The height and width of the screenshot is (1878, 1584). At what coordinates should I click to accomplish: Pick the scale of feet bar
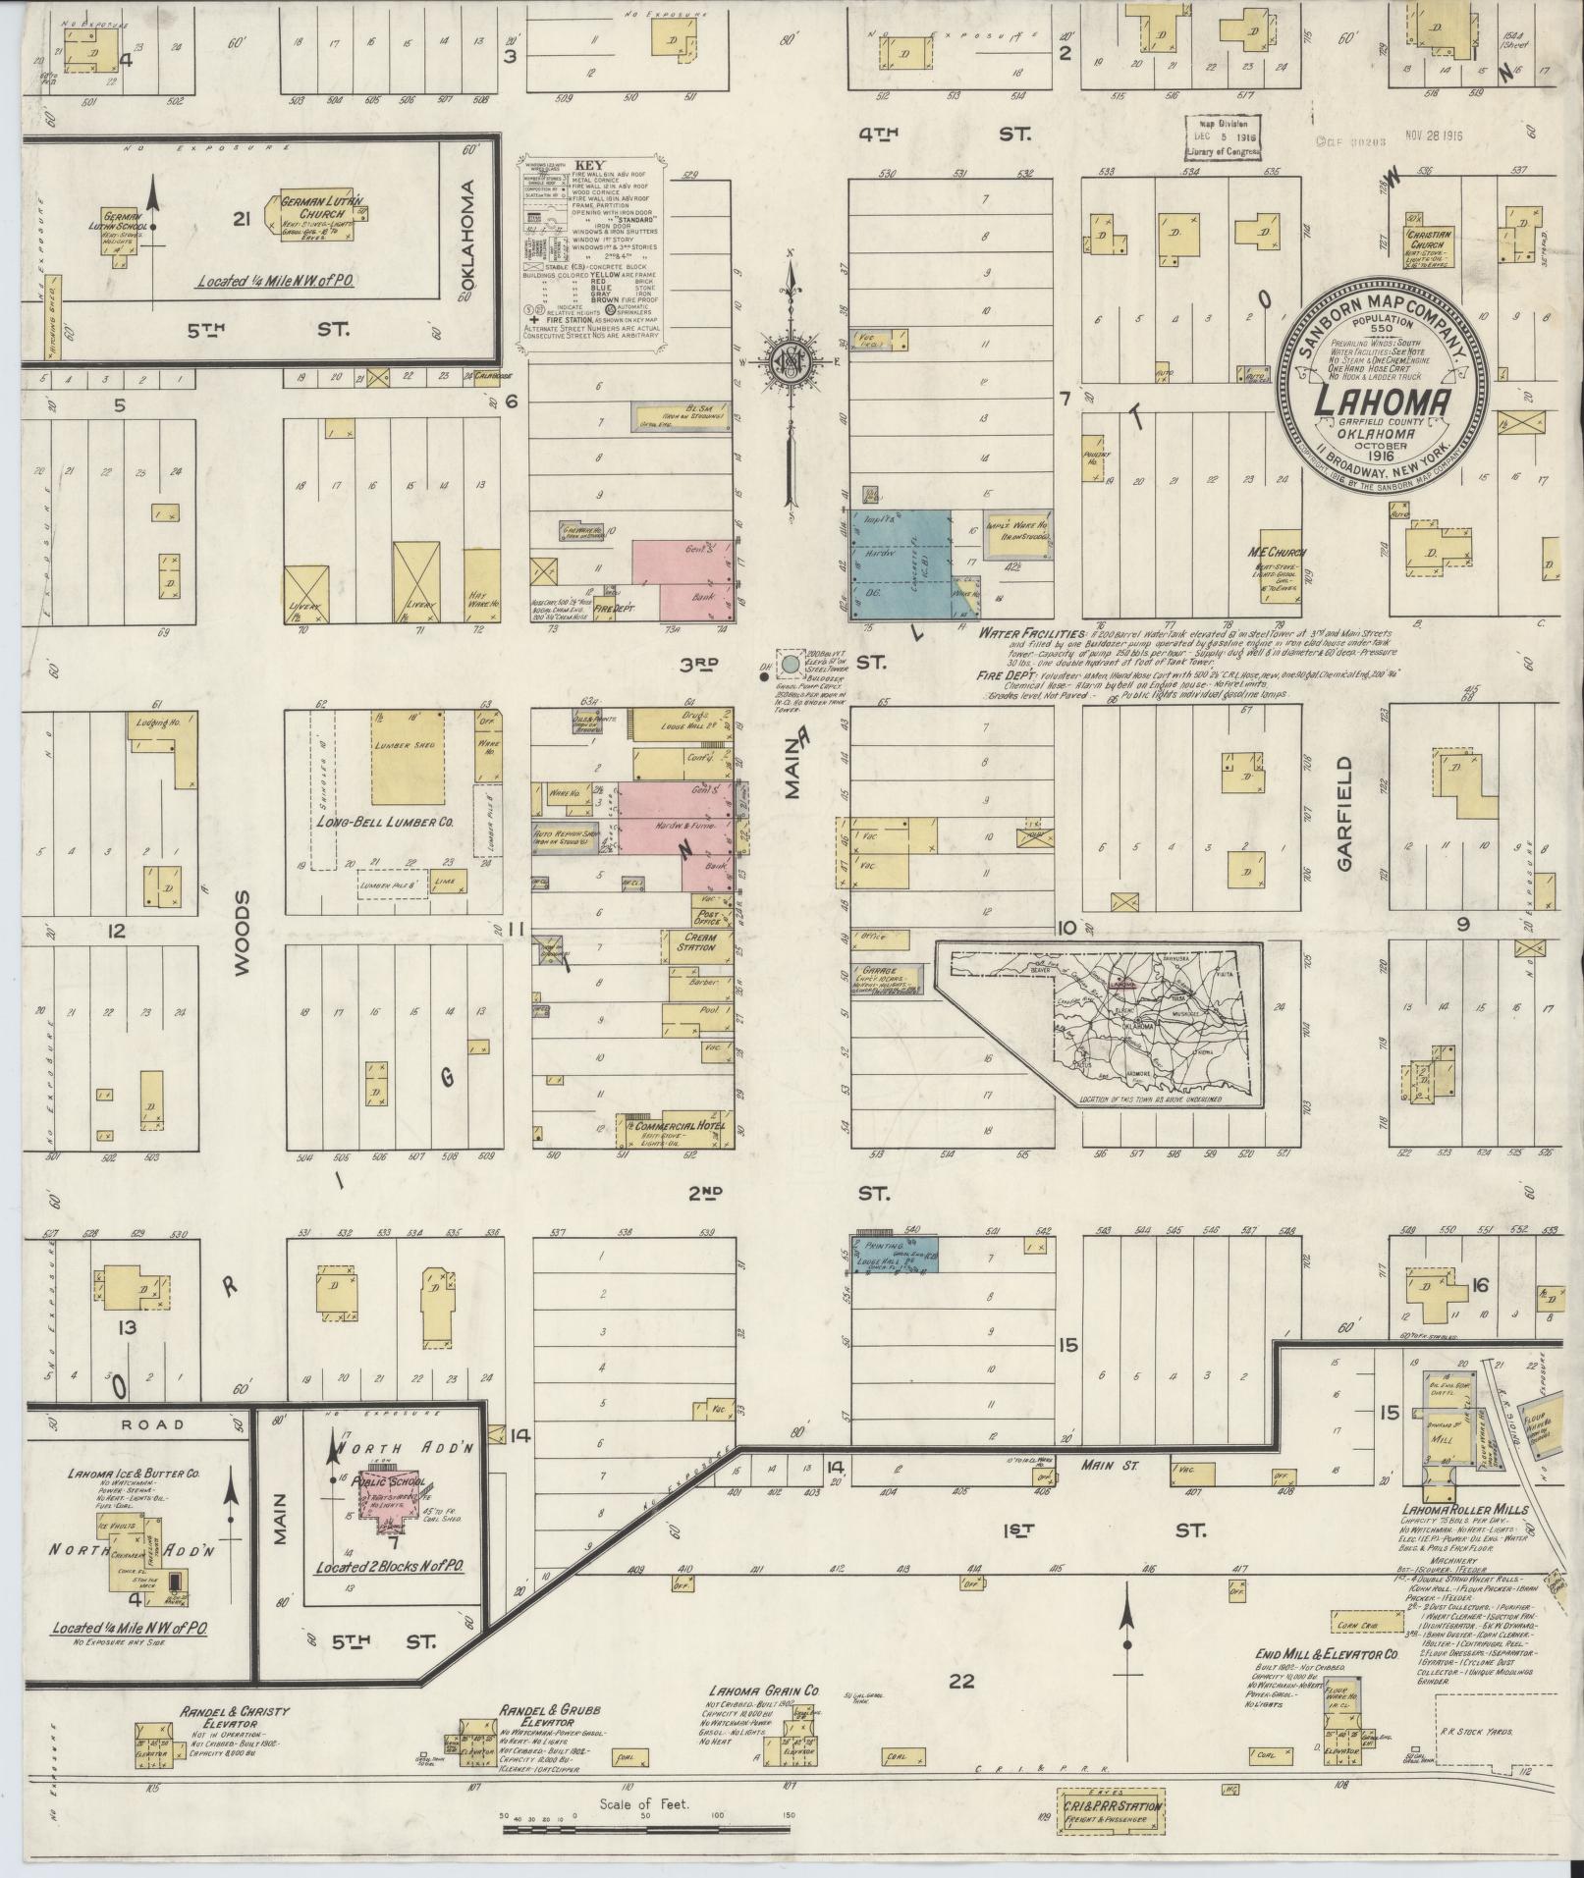point(647,1829)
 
